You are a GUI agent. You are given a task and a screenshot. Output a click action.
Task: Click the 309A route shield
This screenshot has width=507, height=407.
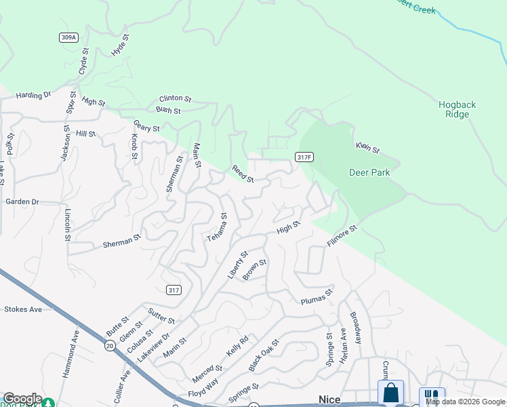coord(68,37)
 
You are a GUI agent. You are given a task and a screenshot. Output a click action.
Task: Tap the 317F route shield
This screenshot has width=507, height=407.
coord(304,157)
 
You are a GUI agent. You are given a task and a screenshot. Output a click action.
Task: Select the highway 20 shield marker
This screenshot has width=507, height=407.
coord(110,345)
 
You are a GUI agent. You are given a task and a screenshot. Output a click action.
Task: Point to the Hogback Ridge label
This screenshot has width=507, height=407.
coord(457,109)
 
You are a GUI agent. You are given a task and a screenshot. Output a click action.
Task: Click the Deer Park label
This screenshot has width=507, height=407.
coord(369,172)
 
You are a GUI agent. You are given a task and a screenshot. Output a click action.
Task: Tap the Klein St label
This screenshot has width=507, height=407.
coord(368,147)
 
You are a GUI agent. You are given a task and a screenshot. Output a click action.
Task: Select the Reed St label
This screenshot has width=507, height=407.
coord(242,174)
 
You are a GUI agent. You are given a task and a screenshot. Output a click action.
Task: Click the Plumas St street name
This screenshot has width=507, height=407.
coord(317,297)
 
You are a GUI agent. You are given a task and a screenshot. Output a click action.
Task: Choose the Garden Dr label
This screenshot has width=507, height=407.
coord(22,202)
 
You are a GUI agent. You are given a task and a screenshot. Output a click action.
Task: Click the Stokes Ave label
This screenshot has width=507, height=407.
coord(23,309)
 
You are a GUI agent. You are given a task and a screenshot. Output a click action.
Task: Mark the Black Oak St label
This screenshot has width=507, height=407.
coord(263,355)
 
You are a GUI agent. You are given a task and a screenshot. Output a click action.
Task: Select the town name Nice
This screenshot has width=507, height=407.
coord(329,400)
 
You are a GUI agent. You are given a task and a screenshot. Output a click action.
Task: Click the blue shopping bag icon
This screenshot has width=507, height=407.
coord(390,393)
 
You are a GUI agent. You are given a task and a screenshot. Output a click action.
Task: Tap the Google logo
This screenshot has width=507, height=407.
coord(22,399)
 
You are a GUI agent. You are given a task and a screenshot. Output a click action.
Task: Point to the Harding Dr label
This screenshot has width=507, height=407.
coord(34,95)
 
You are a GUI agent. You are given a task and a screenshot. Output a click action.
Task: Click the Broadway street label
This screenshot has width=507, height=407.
coord(356,327)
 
